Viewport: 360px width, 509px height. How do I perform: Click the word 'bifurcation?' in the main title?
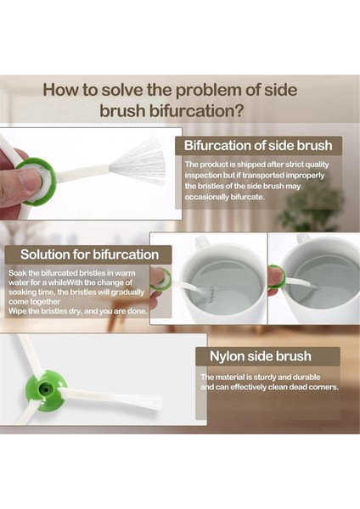pos(196,111)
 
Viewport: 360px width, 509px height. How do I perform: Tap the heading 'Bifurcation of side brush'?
pos(258,145)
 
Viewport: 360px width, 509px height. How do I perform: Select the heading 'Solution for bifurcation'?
pos(90,255)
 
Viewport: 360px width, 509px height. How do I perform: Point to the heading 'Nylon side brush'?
pos(261,356)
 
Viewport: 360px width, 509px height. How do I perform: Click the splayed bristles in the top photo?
pos(138,161)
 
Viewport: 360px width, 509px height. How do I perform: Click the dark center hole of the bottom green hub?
pos(46,389)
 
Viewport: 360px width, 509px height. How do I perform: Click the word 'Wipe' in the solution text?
pos(17,311)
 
